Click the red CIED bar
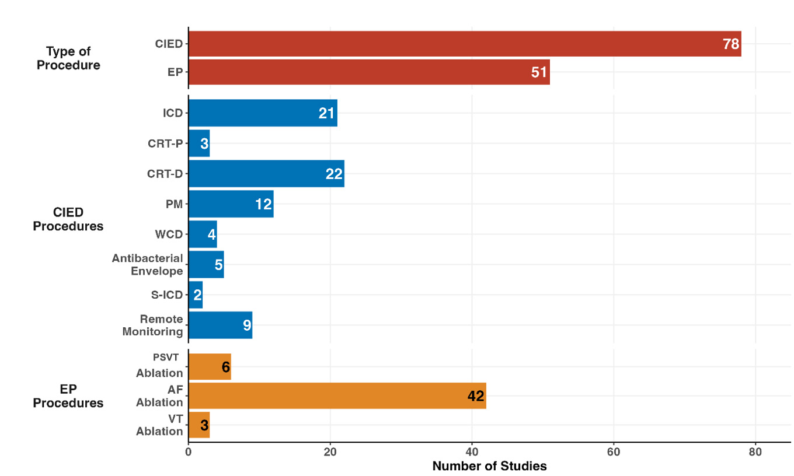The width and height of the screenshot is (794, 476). pos(464,44)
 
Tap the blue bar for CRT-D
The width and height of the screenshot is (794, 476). pos(266,174)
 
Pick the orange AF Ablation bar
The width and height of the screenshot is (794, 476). pos(337,395)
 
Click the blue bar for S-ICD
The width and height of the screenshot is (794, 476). pos(196,295)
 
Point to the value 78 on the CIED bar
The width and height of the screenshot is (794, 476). pos(731,44)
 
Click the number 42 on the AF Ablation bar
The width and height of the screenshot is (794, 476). pos(476,396)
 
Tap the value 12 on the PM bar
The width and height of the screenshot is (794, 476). pos(264,204)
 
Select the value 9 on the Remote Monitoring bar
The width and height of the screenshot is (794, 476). pos(247,325)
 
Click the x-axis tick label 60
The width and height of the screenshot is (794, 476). pos(614,452)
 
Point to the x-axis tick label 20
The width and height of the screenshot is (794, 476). pos(330,452)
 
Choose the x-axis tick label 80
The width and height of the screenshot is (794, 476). pos(755,452)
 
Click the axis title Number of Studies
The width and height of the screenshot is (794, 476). pos(489,466)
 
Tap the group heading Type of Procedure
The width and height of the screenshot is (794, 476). pos(68,58)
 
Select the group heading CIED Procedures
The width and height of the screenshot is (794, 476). pos(68,219)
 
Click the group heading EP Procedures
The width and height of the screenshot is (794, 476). pos(68,396)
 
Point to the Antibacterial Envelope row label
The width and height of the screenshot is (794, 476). pos(148,264)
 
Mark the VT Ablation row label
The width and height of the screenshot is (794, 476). pos(159,425)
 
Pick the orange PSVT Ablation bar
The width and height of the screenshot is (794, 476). pos(210,366)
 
